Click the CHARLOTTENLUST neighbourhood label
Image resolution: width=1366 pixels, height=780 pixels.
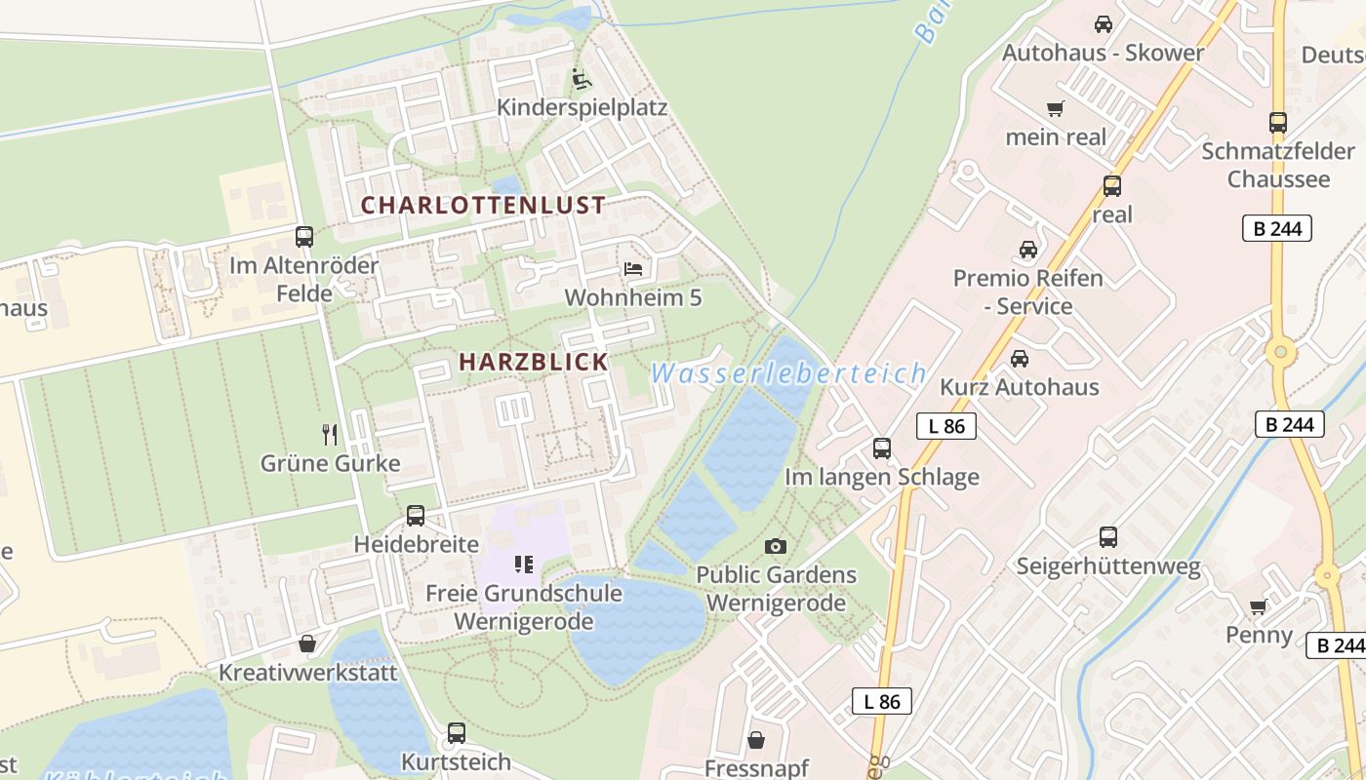483,206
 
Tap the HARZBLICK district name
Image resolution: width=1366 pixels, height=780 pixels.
533,362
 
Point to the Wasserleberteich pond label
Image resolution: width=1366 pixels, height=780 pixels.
787,373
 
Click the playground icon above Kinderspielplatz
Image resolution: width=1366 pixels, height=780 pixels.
582,78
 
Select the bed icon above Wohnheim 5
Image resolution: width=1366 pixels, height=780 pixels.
633,267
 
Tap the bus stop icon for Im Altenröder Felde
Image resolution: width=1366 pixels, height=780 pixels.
304,236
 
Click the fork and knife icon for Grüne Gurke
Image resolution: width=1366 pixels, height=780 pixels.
330,434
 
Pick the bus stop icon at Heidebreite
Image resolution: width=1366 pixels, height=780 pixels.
416,516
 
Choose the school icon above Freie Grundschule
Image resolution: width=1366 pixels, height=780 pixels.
524,565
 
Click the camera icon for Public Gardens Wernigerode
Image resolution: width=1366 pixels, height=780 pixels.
776,546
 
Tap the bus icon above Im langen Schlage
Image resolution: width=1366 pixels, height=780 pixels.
882,448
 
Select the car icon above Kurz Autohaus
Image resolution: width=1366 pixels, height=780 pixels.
1020,358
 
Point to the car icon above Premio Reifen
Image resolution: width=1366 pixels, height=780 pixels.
1028,250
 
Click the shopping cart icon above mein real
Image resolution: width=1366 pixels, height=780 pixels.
1055,108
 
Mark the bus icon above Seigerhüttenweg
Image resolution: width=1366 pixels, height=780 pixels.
1108,536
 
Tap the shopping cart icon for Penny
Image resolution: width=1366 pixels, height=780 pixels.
1259,606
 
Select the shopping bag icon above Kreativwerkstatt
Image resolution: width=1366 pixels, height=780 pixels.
307,643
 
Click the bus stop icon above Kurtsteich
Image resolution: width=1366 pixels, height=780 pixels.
456,732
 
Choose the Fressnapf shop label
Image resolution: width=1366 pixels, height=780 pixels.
756,768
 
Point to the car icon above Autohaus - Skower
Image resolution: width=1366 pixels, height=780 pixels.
1104,24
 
